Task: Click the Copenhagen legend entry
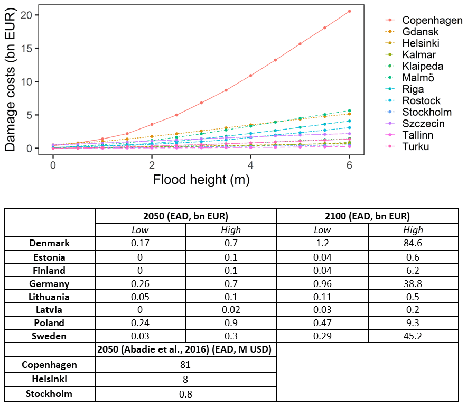(x=432, y=20)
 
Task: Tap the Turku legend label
(x=415, y=146)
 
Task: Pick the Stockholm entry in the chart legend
(x=427, y=112)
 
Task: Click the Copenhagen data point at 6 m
(x=349, y=11)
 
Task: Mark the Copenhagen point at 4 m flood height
(x=250, y=76)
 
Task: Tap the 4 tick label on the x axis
(x=250, y=164)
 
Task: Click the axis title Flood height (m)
(x=201, y=180)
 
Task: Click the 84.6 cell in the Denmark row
(x=413, y=244)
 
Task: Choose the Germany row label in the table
(x=50, y=284)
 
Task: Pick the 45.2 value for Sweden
(x=413, y=336)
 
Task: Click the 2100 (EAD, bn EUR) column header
(x=367, y=216)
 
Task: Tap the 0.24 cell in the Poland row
(x=141, y=323)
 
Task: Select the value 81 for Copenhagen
(x=185, y=365)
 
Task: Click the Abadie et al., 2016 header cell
(x=185, y=350)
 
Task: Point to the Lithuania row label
(x=50, y=297)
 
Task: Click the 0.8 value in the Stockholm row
(x=185, y=394)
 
